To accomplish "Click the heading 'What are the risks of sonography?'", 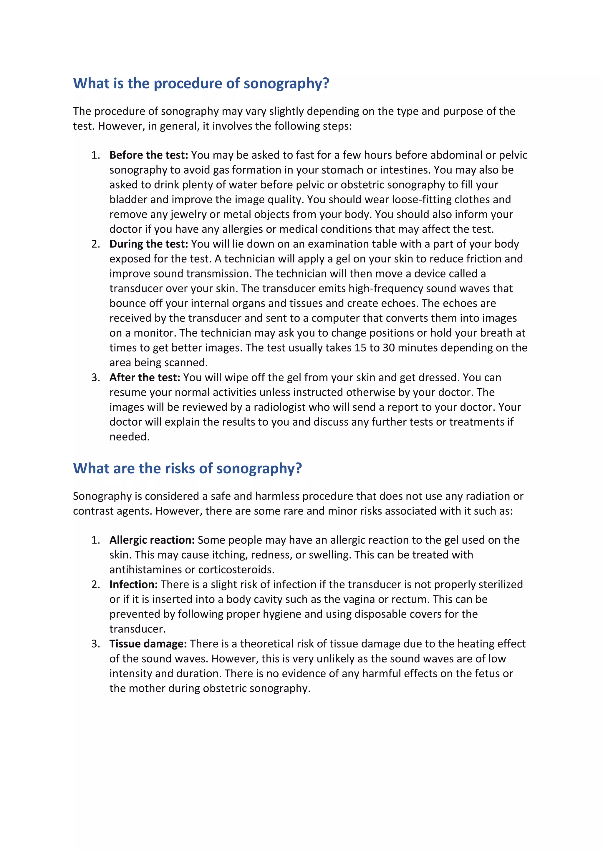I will (187, 469).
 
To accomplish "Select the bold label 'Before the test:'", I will (148, 155).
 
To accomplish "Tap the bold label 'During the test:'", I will (148, 244).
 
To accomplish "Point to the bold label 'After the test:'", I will (145, 378).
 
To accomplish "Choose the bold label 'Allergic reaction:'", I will (152, 540).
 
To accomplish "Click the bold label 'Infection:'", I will (133, 585).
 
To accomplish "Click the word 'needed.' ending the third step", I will (129, 437).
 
